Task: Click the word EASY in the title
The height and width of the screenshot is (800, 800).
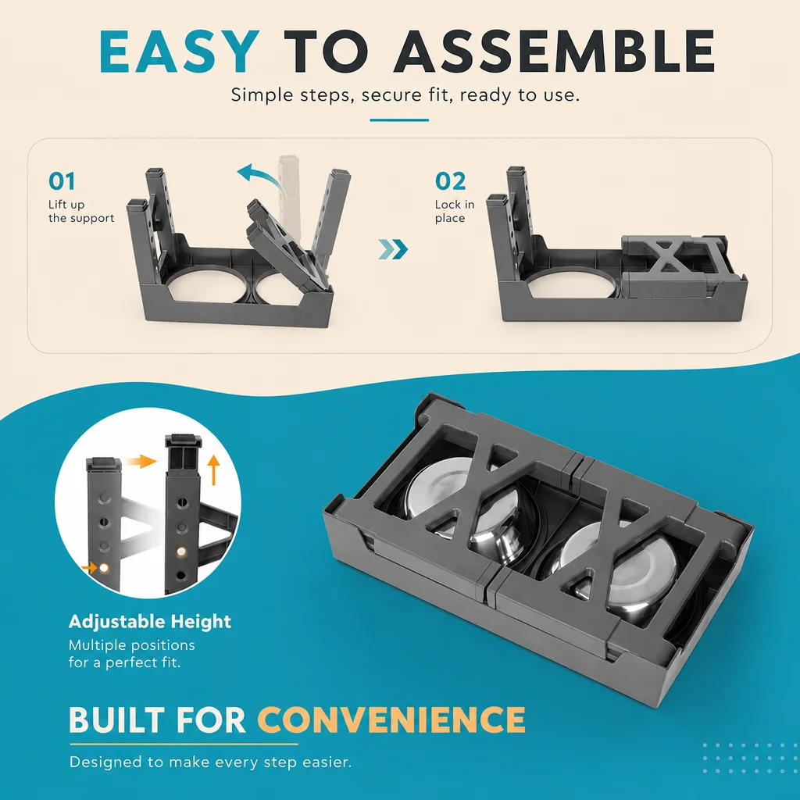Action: (179, 52)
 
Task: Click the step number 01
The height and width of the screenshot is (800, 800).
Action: (62, 181)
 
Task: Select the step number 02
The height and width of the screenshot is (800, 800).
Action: (451, 181)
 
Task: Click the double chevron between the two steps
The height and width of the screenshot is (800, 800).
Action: (394, 249)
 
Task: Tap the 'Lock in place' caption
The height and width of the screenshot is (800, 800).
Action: (455, 211)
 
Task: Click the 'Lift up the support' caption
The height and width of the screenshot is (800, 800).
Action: (81, 211)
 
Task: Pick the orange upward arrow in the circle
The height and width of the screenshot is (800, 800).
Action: (214, 470)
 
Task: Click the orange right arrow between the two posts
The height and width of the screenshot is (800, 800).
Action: (141, 462)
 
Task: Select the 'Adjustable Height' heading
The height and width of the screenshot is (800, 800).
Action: (150, 621)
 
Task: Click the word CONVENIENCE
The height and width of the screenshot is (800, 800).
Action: (391, 720)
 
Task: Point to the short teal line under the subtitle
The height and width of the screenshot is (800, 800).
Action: (399, 120)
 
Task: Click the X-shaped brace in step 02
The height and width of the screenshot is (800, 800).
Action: (666, 258)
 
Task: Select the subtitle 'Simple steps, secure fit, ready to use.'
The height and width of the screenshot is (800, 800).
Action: (405, 95)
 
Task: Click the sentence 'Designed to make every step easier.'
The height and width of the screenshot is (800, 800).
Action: (211, 762)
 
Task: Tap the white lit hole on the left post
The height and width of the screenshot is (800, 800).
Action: (105, 568)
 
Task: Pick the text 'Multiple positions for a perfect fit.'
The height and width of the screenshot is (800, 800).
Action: (131, 654)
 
